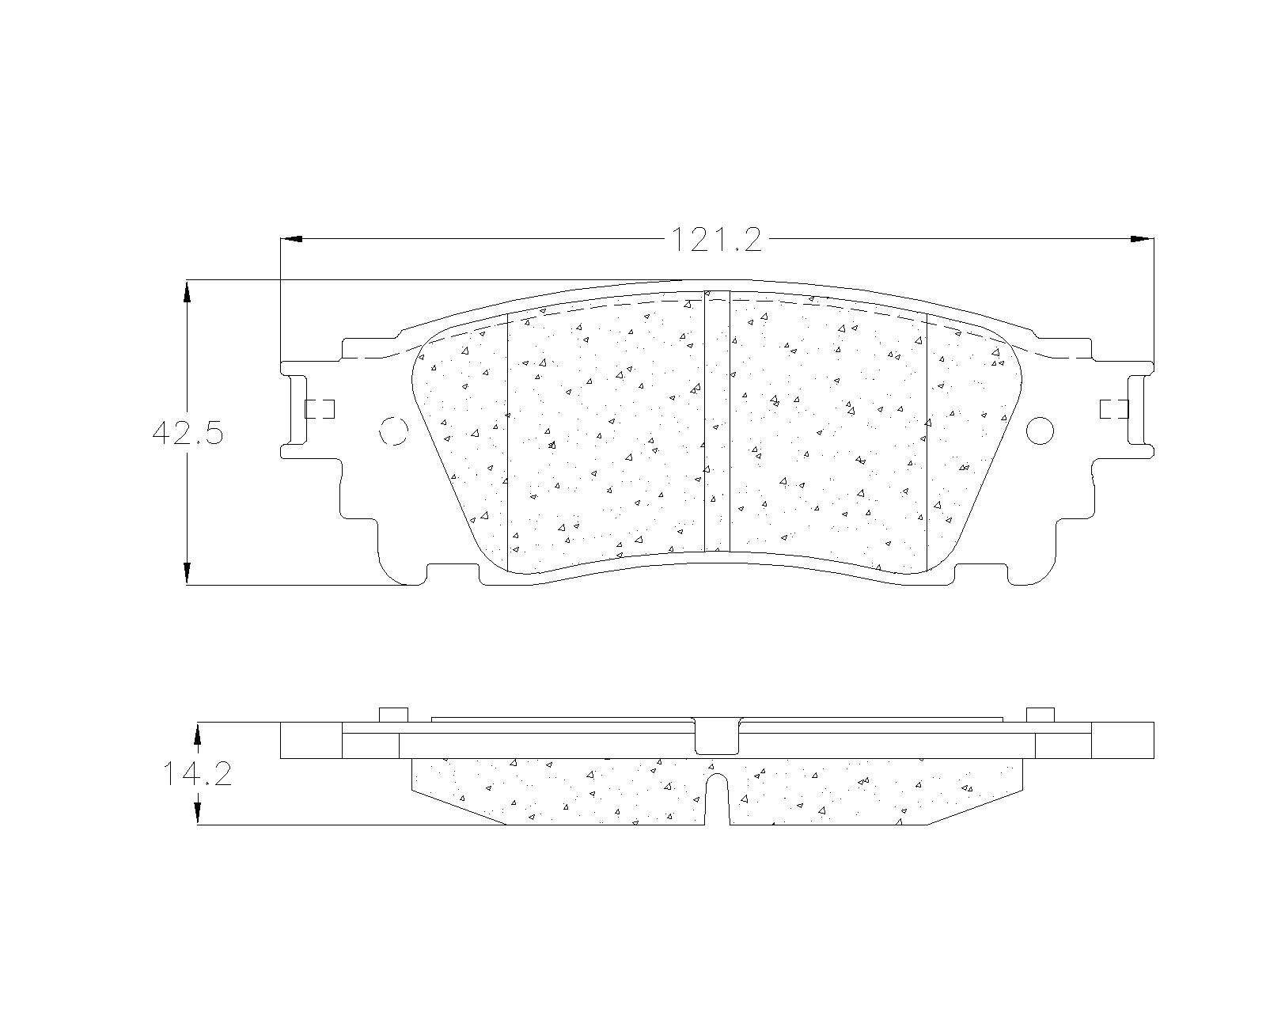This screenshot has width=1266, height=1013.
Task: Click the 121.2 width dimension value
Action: [716, 240]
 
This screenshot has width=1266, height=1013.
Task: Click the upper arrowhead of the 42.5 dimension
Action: [187, 291]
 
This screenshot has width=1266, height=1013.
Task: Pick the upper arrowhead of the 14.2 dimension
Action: [199, 734]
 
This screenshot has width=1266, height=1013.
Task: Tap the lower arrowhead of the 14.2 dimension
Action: [199, 814]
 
